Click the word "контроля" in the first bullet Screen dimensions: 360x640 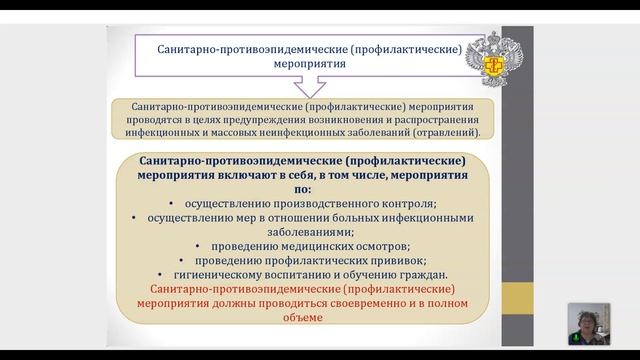click(410, 200)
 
